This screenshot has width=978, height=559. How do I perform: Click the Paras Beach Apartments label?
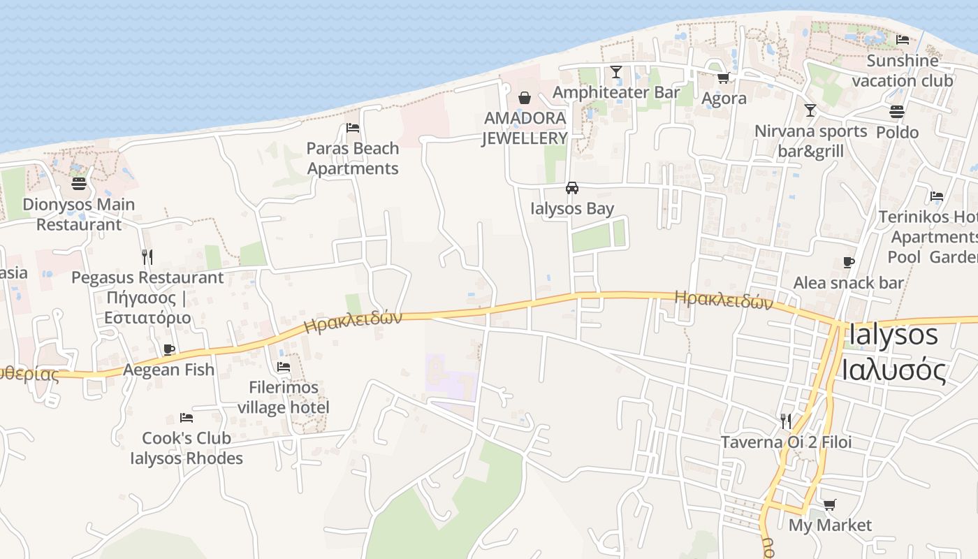click(x=353, y=159)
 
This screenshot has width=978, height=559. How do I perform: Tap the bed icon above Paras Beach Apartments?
click(x=353, y=128)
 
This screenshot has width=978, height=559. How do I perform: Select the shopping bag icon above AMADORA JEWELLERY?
click(x=525, y=98)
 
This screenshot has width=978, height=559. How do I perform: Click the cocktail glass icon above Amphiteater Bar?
click(x=616, y=72)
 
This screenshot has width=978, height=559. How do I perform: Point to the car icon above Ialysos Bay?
click(x=572, y=188)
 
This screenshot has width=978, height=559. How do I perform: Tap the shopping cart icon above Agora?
click(x=724, y=78)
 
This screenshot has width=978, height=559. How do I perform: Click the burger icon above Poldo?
click(x=897, y=112)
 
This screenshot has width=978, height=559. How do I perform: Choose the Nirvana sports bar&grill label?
click(x=811, y=141)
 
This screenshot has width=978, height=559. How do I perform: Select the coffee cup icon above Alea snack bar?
click(x=849, y=262)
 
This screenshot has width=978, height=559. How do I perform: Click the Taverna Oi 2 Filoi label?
click(x=786, y=442)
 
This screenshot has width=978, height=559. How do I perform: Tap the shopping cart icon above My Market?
click(x=830, y=504)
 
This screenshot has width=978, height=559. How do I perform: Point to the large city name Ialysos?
click(x=893, y=335)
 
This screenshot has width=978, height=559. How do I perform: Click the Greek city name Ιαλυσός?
click(x=893, y=369)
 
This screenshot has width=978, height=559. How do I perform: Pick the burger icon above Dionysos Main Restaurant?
click(x=79, y=184)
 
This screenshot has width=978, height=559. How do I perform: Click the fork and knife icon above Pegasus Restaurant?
click(x=147, y=256)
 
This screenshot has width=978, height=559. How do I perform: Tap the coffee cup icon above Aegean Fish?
click(x=168, y=349)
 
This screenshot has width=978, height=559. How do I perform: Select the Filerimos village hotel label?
click(x=283, y=397)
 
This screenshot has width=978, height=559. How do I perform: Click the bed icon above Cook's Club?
click(x=187, y=418)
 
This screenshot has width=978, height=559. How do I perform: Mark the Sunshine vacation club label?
click(x=903, y=71)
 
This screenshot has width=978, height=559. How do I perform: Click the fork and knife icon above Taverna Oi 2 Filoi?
click(x=786, y=421)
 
